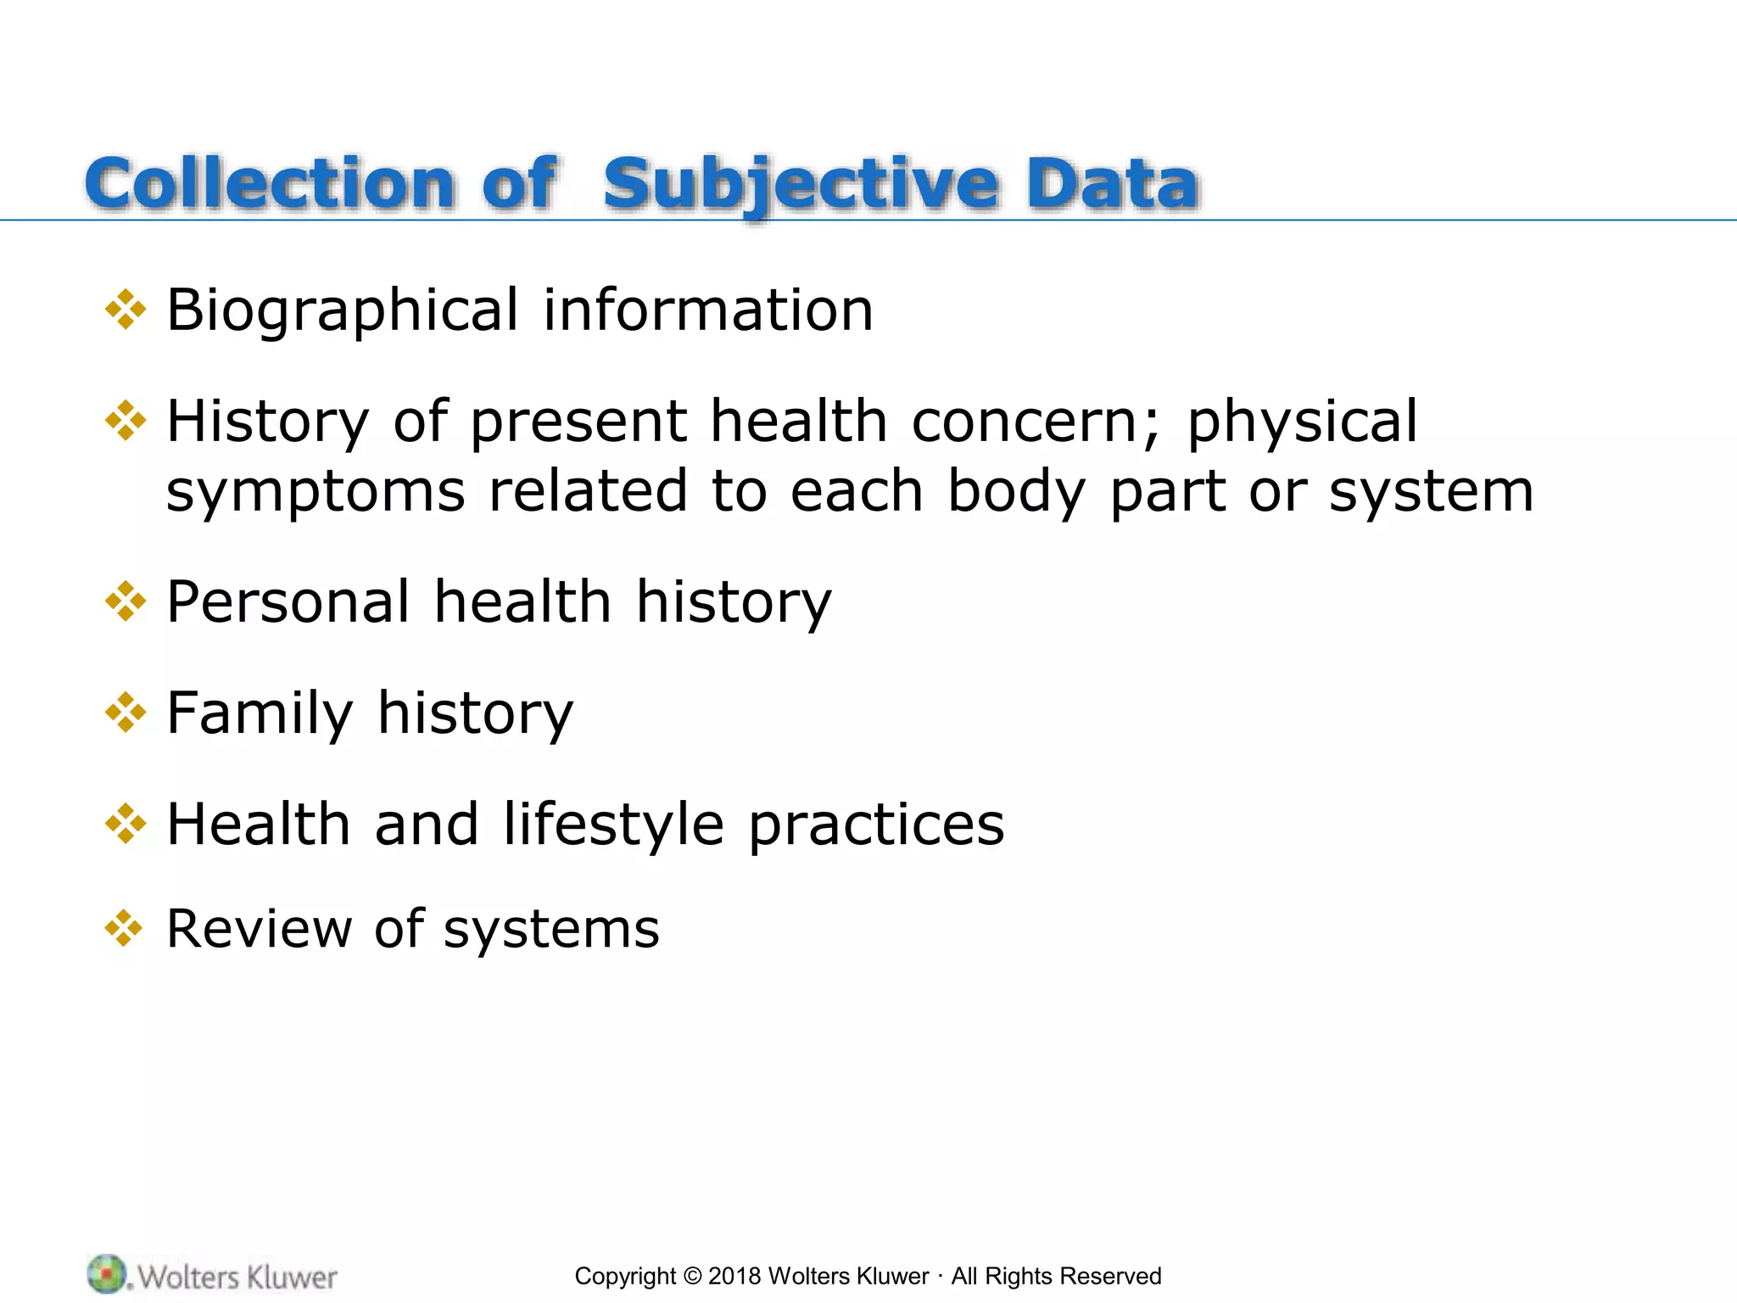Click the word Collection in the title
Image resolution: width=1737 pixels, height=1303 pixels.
(270, 184)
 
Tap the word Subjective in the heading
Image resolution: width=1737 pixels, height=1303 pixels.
(801, 184)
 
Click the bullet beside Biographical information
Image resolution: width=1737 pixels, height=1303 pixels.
(126, 310)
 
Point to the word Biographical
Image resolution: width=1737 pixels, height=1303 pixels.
(342, 310)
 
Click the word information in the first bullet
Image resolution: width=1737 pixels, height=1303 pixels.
(707, 310)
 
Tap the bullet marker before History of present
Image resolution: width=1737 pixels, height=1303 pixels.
(126, 421)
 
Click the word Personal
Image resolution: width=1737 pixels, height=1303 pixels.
(288, 601)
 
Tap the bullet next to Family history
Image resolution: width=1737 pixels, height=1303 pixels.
(126, 713)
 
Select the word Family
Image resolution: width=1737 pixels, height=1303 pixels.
(260, 713)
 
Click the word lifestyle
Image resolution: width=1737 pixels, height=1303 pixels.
(613, 825)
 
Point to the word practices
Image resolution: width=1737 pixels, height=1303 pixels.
(876, 825)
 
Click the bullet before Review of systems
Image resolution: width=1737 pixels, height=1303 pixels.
(124, 928)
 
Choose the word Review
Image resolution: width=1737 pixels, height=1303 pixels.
(259, 928)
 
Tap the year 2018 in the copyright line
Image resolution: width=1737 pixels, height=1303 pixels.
(734, 1276)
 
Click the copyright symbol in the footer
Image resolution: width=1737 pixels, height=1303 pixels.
(693, 1276)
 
